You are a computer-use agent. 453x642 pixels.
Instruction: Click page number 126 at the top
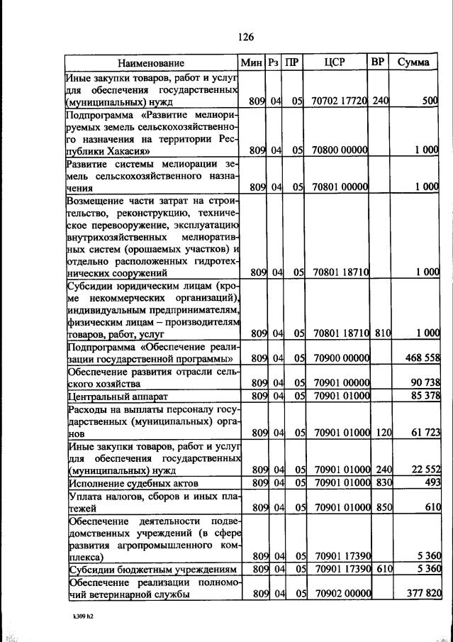point(246,37)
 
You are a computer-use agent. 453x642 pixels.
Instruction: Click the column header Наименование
point(151,62)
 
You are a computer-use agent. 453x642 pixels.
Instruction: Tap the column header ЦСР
point(334,62)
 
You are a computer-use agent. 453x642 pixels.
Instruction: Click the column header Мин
point(252,62)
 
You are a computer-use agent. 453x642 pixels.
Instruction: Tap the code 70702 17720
point(339,101)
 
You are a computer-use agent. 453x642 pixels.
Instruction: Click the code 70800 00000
point(339,150)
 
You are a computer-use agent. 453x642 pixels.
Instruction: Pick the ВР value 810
point(381,333)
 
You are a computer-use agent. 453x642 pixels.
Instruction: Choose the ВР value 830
point(381,483)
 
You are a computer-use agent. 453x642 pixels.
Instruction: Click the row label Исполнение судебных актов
point(127,483)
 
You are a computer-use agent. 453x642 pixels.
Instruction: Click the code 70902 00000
point(339,595)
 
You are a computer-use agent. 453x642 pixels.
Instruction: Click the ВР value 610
point(381,569)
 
